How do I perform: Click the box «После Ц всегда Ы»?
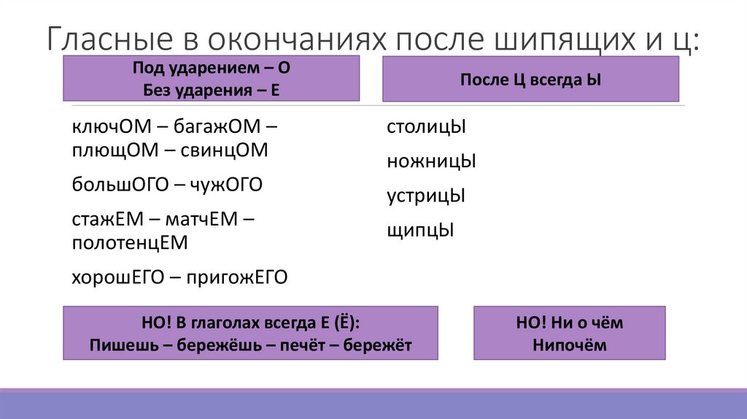coord(530,80)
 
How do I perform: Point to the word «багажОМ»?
coord(216,126)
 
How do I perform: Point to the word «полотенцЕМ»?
coord(130,242)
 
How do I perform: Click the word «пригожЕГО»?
coord(237,277)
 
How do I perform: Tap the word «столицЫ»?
coord(426,126)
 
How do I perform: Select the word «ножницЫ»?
coord(431,161)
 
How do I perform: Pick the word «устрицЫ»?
coord(426,196)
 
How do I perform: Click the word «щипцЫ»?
coord(420,231)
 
